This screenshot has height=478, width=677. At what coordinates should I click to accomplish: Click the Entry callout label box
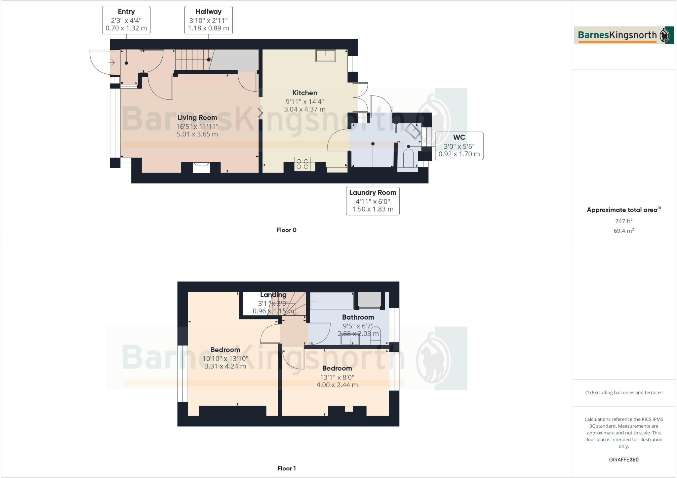(x=126, y=20)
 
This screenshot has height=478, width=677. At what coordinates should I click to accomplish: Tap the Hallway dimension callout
(x=208, y=20)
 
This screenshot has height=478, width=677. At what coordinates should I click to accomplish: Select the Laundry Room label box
(x=373, y=201)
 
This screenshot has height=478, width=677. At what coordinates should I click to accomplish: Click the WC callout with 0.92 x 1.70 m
(x=459, y=146)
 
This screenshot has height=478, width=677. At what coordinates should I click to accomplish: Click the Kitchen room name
(x=304, y=93)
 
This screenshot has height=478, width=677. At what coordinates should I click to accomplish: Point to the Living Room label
(x=197, y=117)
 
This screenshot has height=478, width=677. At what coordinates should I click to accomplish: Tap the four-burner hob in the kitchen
(x=302, y=164)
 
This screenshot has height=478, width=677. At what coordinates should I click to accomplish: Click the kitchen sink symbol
(x=326, y=56)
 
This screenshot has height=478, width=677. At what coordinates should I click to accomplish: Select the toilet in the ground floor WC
(x=409, y=158)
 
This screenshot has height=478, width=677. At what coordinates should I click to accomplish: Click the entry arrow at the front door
(x=112, y=62)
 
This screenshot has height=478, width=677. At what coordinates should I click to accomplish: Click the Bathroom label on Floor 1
(x=358, y=317)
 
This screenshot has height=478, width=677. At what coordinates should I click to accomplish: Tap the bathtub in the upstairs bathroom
(x=332, y=300)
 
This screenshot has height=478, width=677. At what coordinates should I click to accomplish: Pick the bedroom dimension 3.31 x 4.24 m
(x=225, y=366)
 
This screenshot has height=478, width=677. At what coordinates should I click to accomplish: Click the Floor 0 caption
(x=286, y=230)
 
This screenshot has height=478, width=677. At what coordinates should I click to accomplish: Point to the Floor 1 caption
(x=286, y=468)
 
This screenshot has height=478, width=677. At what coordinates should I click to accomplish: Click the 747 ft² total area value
(x=623, y=221)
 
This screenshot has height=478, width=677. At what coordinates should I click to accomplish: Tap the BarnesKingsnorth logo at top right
(x=623, y=35)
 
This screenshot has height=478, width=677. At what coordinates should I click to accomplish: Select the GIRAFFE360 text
(x=623, y=459)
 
